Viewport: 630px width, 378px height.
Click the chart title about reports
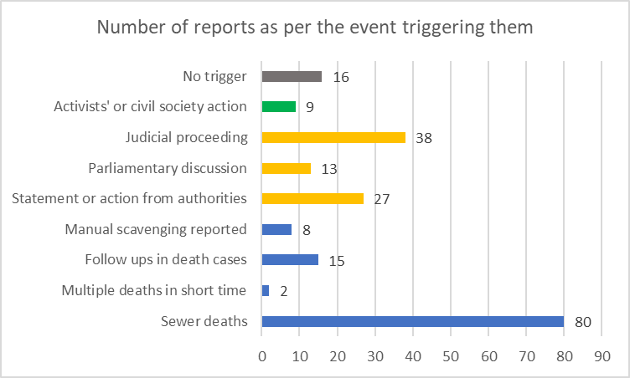tap(314, 27)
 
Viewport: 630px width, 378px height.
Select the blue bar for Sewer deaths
tap(412, 321)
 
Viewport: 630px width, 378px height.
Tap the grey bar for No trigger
tap(292, 77)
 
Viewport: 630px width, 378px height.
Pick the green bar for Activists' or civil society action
tap(278, 107)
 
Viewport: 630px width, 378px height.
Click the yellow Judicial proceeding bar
tap(333, 137)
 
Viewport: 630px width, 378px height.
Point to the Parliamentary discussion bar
tap(286, 168)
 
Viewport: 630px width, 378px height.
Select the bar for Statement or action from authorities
tap(312, 199)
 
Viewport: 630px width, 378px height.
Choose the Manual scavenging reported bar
tap(276, 229)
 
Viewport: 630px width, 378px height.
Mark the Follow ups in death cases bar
tap(290, 259)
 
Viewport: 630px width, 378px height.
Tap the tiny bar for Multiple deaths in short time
tap(266, 290)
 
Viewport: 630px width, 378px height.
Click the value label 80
tap(584, 322)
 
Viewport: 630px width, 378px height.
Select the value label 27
tap(383, 200)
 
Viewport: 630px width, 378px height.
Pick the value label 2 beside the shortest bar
tap(284, 291)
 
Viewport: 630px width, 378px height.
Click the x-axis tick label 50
tap(451, 355)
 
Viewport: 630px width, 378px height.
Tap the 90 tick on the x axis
tap(602, 355)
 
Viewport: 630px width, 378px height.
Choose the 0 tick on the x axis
tap(262, 355)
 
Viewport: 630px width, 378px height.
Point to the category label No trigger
tap(215, 77)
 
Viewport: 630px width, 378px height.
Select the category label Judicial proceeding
tap(187, 137)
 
